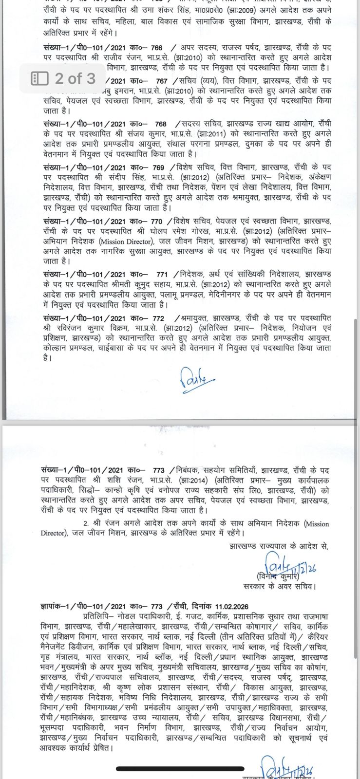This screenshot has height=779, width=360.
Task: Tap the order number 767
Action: coord(161,81)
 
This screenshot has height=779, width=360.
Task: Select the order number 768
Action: coord(160,124)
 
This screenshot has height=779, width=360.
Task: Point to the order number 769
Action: coord(158,167)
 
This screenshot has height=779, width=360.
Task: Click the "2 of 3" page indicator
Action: coord(64,78)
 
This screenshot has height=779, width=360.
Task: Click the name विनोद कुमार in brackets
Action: coord(277,577)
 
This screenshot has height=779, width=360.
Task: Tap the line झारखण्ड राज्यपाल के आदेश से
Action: coord(279,546)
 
